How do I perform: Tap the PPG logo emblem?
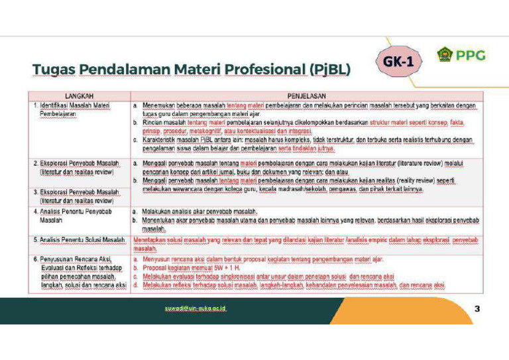444,54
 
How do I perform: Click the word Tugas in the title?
55,70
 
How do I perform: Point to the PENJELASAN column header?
307,96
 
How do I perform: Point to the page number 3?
477,309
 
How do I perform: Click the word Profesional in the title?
262,70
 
